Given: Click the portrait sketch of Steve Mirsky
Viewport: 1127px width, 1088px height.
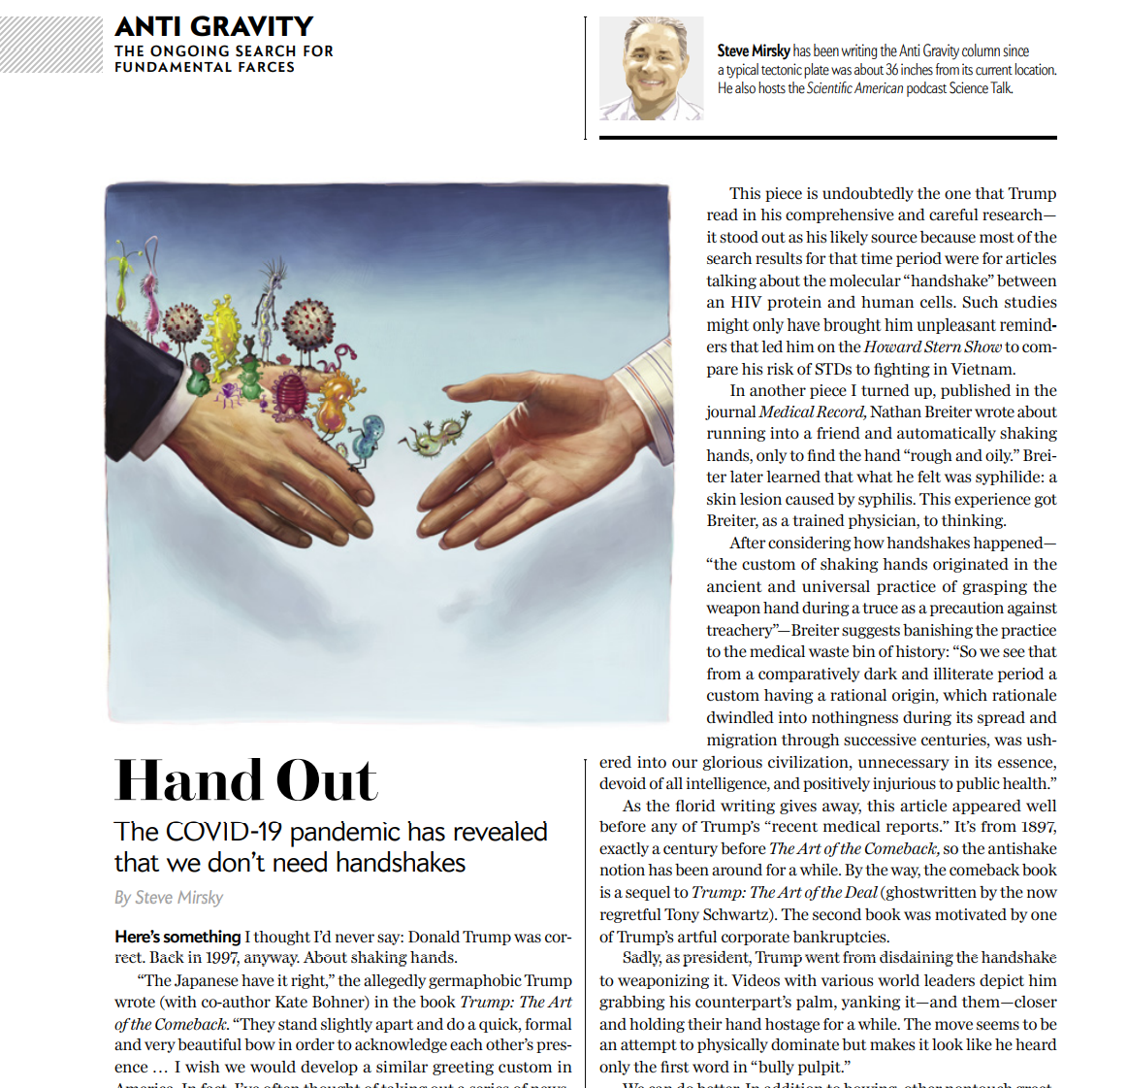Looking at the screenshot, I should pyautogui.click(x=651, y=68).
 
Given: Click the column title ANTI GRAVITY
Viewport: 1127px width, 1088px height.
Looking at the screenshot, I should pyautogui.click(x=214, y=26).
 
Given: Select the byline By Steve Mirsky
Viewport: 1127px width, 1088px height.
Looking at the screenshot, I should pyautogui.click(x=169, y=898).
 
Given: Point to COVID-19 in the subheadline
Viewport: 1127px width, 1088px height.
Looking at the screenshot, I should pyautogui.click(x=224, y=832).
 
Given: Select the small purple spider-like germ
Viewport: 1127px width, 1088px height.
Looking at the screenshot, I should pyautogui.click(x=229, y=391).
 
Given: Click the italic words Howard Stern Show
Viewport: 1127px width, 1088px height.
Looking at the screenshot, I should pyautogui.click(x=932, y=346).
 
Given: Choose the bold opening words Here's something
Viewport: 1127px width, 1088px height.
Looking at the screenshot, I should pyautogui.click(x=177, y=937).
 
